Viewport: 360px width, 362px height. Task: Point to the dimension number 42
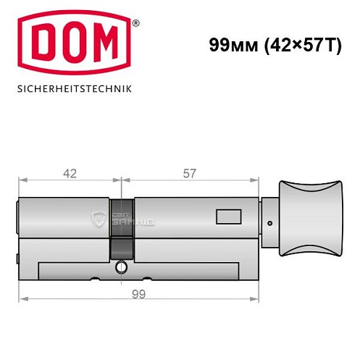[x=70, y=173]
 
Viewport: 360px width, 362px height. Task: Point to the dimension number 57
[x=190, y=173]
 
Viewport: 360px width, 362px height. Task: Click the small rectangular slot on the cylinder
[x=228, y=216]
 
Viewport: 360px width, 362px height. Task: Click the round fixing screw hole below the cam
[x=121, y=269]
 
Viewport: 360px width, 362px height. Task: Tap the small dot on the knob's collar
[x=269, y=222]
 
